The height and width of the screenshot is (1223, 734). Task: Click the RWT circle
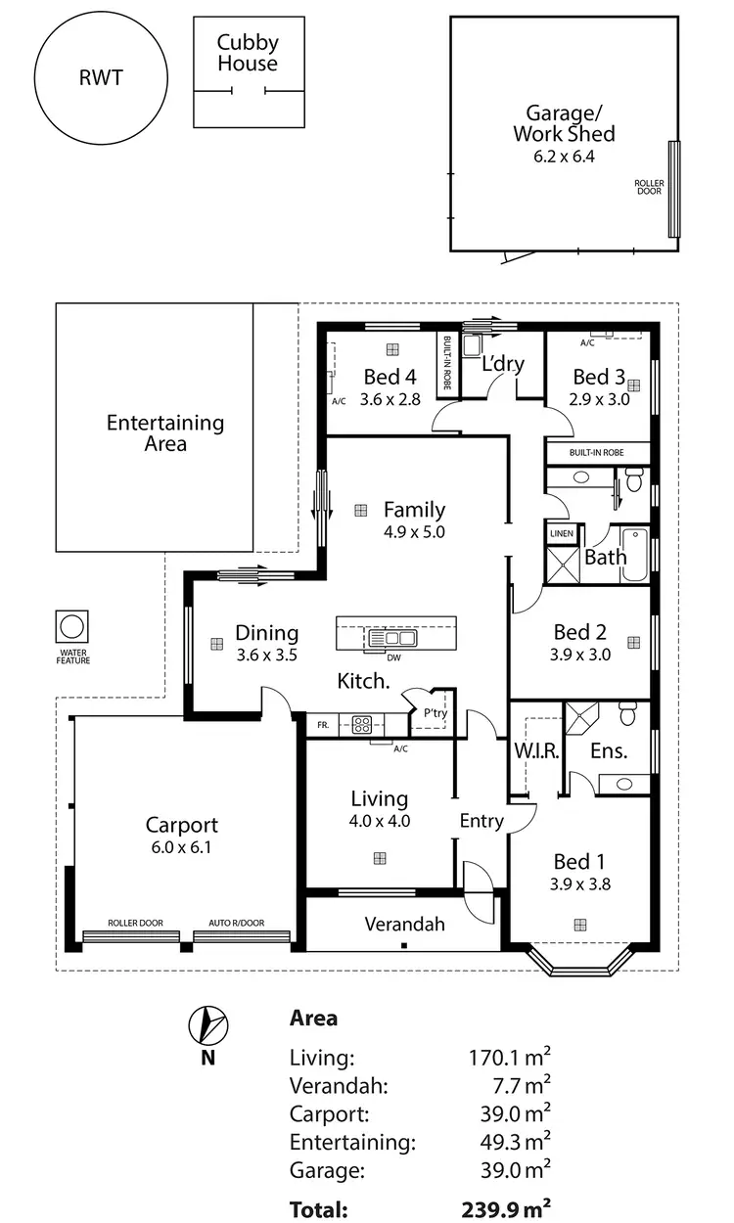point(101,78)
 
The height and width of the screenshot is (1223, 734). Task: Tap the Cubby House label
point(248,53)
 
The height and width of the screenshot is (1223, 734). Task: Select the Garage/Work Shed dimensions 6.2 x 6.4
point(563,156)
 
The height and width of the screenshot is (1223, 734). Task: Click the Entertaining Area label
point(164,433)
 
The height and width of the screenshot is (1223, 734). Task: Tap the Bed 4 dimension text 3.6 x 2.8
point(389,399)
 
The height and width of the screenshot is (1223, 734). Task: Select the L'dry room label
point(503,364)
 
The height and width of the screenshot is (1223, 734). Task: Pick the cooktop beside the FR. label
point(360,725)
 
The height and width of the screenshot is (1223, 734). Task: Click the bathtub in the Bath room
point(634,555)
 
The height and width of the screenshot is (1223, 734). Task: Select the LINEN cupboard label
point(561,534)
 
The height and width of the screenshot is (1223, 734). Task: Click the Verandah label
point(404,924)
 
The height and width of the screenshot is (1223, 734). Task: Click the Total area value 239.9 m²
point(505,1209)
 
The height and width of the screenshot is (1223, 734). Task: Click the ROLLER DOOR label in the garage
point(648,187)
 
